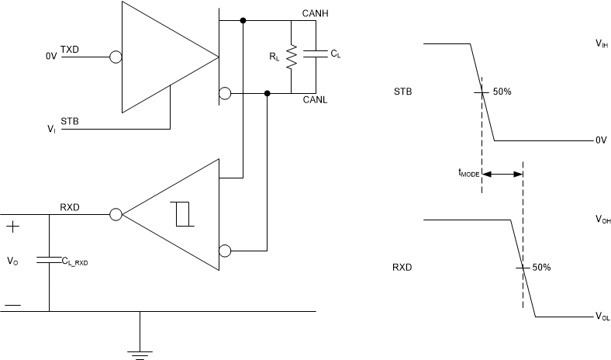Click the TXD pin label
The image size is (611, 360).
tap(71, 50)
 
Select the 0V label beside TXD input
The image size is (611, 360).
tap(51, 57)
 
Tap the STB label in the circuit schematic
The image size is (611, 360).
tap(70, 121)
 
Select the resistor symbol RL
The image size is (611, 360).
tap(292, 57)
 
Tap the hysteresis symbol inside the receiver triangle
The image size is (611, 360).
tap(184, 213)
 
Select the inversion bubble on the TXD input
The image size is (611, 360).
tap(116, 57)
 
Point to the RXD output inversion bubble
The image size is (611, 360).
tap(116, 214)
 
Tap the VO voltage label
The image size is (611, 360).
tap(12, 261)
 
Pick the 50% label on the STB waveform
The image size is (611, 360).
tap(502, 92)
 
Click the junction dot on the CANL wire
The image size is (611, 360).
tap(268, 94)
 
